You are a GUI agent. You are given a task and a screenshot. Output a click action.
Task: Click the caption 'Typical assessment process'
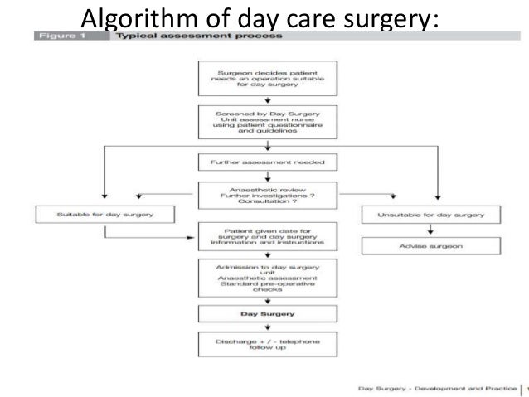(x=199, y=36)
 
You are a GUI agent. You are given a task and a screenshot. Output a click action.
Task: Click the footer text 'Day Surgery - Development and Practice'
(x=434, y=387)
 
